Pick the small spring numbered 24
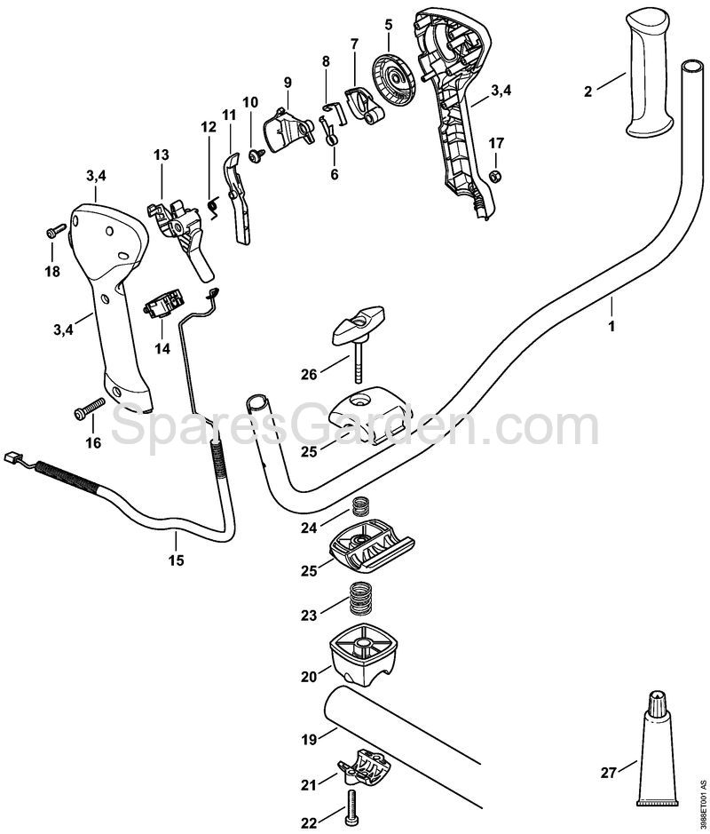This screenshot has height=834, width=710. click(360, 507)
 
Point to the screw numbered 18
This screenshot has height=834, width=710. click(54, 233)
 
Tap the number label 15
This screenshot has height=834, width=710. click(176, 560)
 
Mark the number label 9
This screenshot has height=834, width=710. click(288, 83)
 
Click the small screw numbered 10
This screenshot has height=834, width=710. click(256, 155)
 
